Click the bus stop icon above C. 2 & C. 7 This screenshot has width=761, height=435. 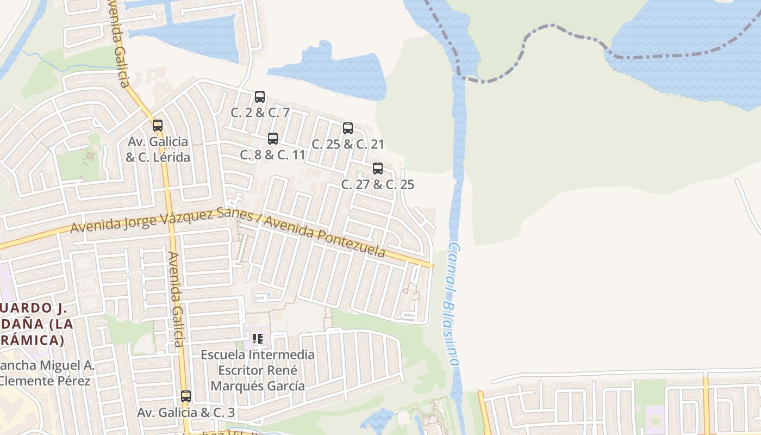(260, 97)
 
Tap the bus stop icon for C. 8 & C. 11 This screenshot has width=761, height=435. (273, 139)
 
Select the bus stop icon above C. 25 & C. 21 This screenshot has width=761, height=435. (348, 128)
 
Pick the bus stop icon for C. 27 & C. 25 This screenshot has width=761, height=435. (378, 169)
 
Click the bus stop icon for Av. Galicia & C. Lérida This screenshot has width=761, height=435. (158, 126)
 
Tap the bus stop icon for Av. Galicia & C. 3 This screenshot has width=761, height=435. (186, 396)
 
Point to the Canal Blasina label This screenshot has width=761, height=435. (452, 304)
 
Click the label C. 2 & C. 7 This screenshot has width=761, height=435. (260, 113)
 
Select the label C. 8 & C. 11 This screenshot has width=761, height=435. (273, 154)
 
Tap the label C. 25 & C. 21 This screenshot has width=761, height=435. (348, 144)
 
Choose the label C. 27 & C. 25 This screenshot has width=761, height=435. (378, 184)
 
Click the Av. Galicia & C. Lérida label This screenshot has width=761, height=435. (158, 150)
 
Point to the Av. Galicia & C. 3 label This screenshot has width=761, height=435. (186, 413)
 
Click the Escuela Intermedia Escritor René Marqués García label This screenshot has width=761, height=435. (258, 370)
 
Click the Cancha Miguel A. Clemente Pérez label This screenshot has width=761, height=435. (46, 373)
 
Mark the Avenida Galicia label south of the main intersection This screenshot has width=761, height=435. (176, 299)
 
